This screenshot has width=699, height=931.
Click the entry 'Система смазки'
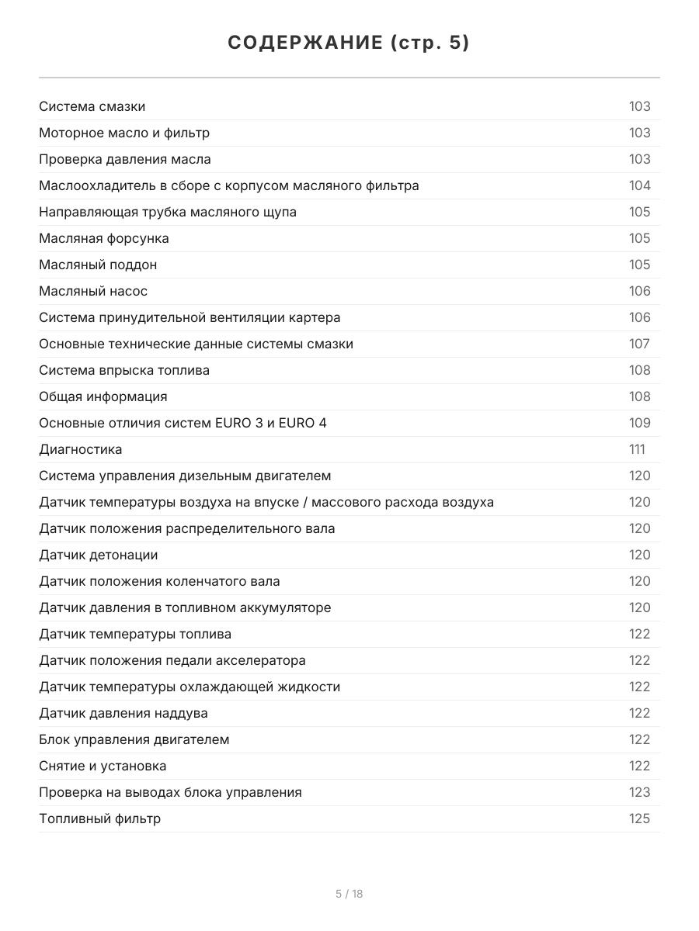pyautogui.click(x=92, y=106)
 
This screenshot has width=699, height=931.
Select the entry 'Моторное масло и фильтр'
pyautogui.click(x=124, y=133)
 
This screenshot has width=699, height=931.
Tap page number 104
pyautogui.click(x=639, y=185)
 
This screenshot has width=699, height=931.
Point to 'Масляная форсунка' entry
pyautogui.click(x=104, y=238)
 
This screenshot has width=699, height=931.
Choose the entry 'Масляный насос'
pyautogui.click(x=93, y=291)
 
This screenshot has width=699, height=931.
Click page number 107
pyautogui.click(x=639, y=344)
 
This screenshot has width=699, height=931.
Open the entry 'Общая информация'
pyautogui.click(x=103, y=396)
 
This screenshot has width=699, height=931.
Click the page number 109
pyautogui.click(x=639, y=423)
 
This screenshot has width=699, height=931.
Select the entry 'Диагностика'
pyautogui.click(x=81, y=449)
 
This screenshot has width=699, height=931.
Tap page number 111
pyautogui.click(x=637, y=449)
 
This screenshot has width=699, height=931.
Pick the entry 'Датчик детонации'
pyautogui.click(x=99, y=555)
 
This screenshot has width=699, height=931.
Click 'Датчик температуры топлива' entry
pyautogui.click(x=135, y=634)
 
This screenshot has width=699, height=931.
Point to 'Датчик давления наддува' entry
pyautogui.click(x=123, y=713)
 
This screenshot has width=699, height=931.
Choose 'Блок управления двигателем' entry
pyautogui.click(x=134, y=739)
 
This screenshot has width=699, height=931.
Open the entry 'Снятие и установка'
pyautogui.click(x=103, y=766)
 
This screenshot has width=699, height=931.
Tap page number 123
pyautogui.click(x=639, y=792)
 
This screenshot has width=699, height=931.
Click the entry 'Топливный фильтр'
pyautogui.click(x=100, y=819)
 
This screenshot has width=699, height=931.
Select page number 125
pyautogui.click(x=639, y=819)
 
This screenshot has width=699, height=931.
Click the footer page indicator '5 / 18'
pyautogui.click(x=349, y=894)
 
